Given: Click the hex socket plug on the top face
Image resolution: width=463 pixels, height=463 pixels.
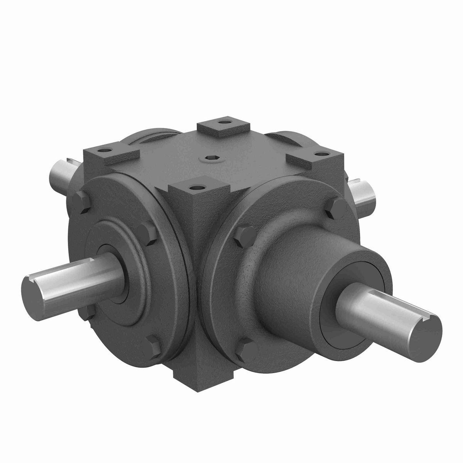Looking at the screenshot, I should (210, 157).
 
